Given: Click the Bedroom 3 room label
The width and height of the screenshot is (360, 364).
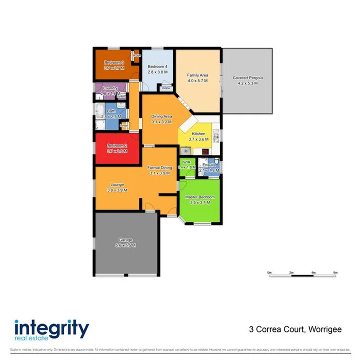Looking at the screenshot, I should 114,63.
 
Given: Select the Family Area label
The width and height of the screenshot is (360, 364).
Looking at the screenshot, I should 197,75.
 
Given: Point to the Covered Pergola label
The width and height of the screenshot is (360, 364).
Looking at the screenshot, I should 248,78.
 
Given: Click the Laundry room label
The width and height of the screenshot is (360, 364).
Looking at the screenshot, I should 110,88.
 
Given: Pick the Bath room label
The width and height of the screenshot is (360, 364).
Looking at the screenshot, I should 111,111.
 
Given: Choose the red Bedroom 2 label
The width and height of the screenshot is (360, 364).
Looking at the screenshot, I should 118,146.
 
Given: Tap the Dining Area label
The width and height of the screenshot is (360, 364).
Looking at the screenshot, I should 161,117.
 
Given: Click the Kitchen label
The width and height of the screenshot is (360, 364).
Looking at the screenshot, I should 199,134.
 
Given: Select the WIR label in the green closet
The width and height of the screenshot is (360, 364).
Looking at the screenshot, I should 187,162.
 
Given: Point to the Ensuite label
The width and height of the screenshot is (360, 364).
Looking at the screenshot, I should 209,164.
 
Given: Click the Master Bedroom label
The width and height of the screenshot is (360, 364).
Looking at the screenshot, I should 200,197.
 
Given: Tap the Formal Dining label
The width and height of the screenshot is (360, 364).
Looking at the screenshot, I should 160,168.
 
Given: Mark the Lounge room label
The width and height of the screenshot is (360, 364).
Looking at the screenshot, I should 118,185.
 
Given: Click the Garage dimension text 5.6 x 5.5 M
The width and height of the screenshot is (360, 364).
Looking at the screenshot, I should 125,245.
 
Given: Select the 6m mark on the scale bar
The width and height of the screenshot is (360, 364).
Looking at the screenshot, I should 335,273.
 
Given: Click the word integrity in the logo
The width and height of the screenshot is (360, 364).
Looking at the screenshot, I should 51,328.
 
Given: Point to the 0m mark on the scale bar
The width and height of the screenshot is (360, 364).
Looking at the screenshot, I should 269,273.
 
